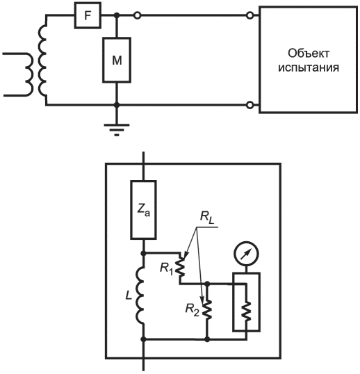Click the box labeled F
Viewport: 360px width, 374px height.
coord(88,15)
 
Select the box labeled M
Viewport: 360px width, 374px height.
coord(117,60)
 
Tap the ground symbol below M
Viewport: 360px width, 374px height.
coord(117,130)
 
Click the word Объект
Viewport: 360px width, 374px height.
coord(309,54)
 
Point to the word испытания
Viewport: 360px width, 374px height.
coord(309,68)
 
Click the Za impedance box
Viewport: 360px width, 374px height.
coord(144,210)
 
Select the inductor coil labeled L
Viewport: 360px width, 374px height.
coord(140,295)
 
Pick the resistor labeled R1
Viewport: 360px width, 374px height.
coord(181,268)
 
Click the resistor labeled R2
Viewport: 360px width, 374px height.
coord(208,309)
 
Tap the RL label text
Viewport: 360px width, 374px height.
coord(207,218)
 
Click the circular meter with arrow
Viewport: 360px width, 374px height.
coord(246,254)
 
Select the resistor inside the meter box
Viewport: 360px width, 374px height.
coord(247,311)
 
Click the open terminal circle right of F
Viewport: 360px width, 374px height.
coord(138,16)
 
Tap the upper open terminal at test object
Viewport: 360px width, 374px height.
coord(250,16)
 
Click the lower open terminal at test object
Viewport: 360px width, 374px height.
coord(250,105)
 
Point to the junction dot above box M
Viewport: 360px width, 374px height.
coord(117,16)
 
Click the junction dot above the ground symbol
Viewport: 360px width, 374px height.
coord(117,105)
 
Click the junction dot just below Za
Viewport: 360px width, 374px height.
coord(144,253)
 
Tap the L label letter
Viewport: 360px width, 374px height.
coord(129,295)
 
